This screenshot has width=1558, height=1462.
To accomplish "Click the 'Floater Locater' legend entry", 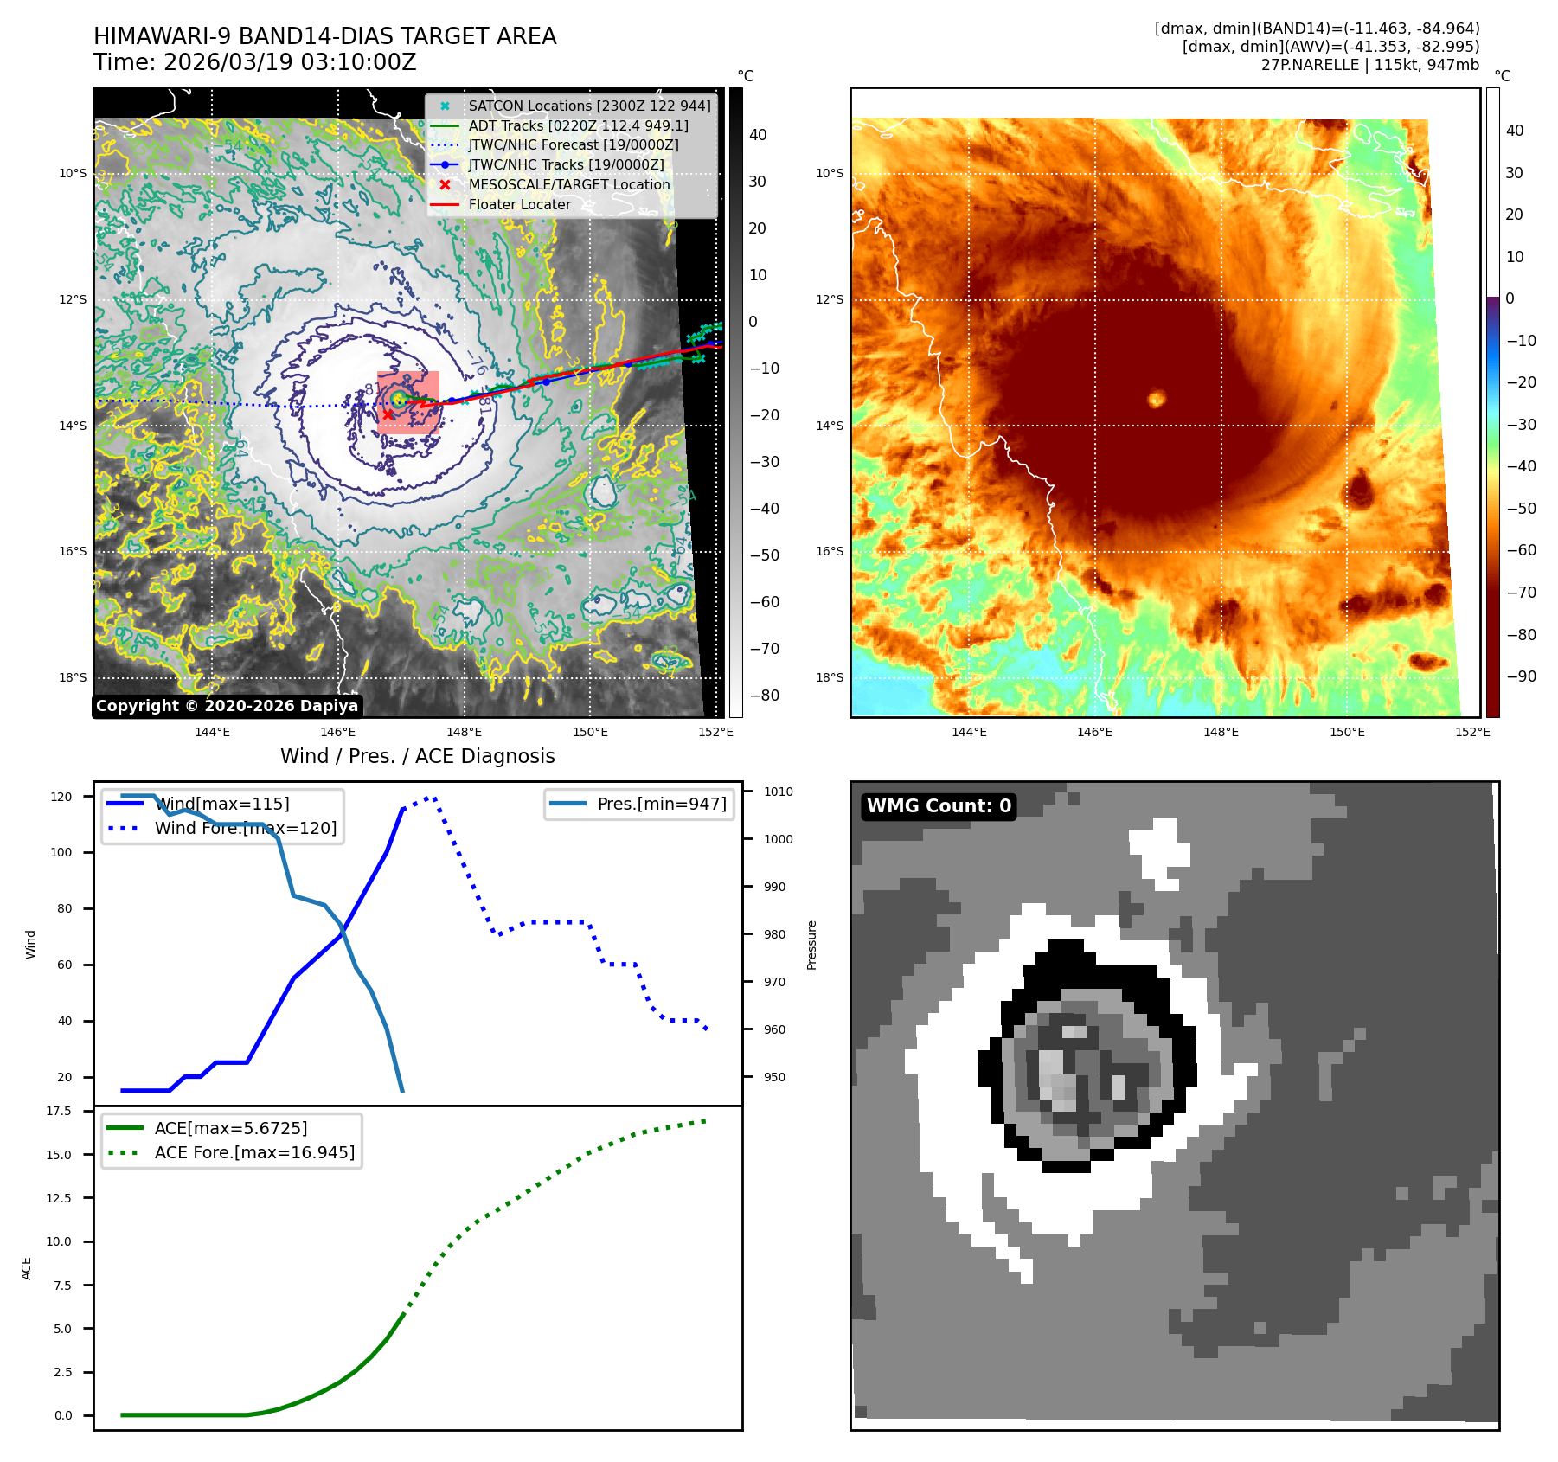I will point(519,205).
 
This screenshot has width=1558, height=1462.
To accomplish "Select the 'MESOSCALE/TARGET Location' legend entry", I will point(568,185).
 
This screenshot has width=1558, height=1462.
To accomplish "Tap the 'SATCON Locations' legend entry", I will point(589,106).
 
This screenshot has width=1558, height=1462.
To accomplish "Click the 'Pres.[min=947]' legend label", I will point(661,804).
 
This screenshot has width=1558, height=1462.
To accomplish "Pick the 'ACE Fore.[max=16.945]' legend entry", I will point(254,1152).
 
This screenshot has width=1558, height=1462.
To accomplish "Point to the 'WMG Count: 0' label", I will point(939,806).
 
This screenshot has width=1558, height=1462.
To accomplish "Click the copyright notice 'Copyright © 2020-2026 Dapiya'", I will point(227,706).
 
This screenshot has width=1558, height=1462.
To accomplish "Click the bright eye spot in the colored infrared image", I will point(1157,399).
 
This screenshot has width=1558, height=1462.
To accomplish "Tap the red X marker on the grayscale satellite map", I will point(388,414).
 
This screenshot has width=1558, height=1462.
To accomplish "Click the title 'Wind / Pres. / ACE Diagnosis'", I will point(417,756).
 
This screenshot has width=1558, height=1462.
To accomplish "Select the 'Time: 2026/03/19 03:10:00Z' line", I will point(255,62).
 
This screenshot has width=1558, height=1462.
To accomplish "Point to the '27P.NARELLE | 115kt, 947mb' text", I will point(1369,65).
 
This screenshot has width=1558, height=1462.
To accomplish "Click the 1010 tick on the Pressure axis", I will point(778,792).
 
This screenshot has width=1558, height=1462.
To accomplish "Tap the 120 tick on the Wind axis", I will point(61,797).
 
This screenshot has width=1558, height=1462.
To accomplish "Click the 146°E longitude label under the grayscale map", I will point(338,732).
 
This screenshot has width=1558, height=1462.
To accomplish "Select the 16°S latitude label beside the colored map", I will point(829,551).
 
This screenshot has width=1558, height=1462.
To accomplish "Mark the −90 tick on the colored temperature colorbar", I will point(1521,676).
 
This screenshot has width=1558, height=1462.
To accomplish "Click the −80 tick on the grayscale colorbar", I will point(764,696).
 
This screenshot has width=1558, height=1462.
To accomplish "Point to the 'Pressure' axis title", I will point(811,945).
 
